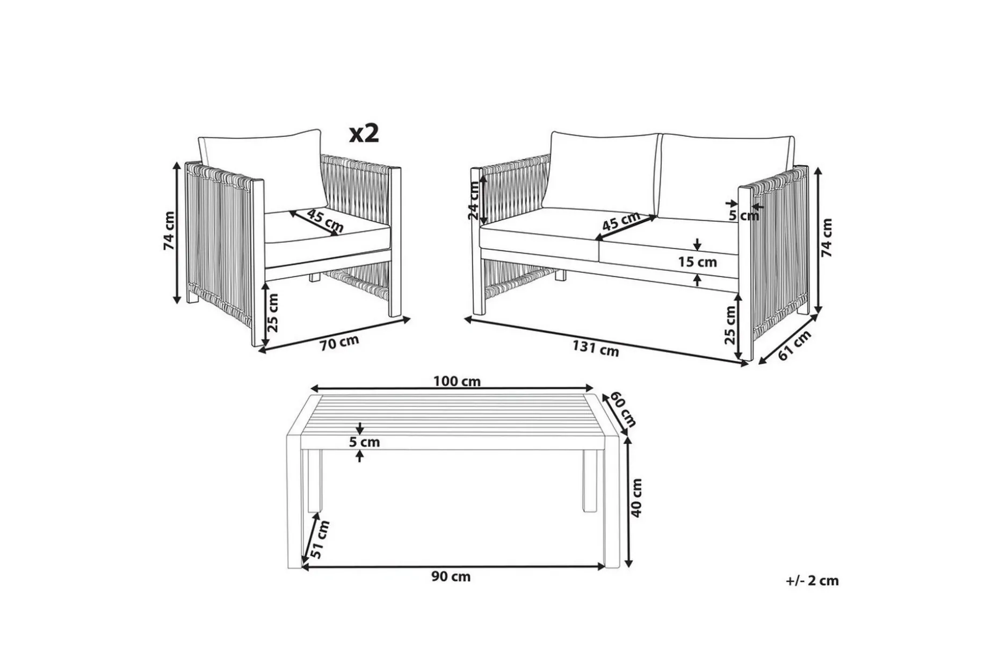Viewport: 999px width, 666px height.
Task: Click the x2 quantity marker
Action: pos(364,133)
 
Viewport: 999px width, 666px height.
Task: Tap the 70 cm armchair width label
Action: pos(339,342)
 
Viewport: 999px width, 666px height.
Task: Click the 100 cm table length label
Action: pos(457,381)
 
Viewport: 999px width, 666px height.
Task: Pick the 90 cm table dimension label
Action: pos(451,576)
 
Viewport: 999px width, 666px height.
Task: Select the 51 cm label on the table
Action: pos(320,539)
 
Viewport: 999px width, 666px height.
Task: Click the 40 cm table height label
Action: pos(636,497)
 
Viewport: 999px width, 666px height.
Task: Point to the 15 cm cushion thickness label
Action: pos(698,262)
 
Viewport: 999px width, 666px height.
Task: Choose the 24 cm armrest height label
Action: pos(473,200)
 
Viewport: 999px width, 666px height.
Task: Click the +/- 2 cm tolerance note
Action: pos(812,581)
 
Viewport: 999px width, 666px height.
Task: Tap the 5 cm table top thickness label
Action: pos(364,442)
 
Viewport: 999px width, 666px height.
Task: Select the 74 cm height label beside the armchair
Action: pos(169,230)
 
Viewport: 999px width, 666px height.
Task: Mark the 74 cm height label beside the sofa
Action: pos(827,237)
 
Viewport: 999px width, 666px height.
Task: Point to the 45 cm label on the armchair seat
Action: pos(325,221)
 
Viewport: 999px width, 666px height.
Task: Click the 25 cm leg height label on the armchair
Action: pos(273,313)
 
